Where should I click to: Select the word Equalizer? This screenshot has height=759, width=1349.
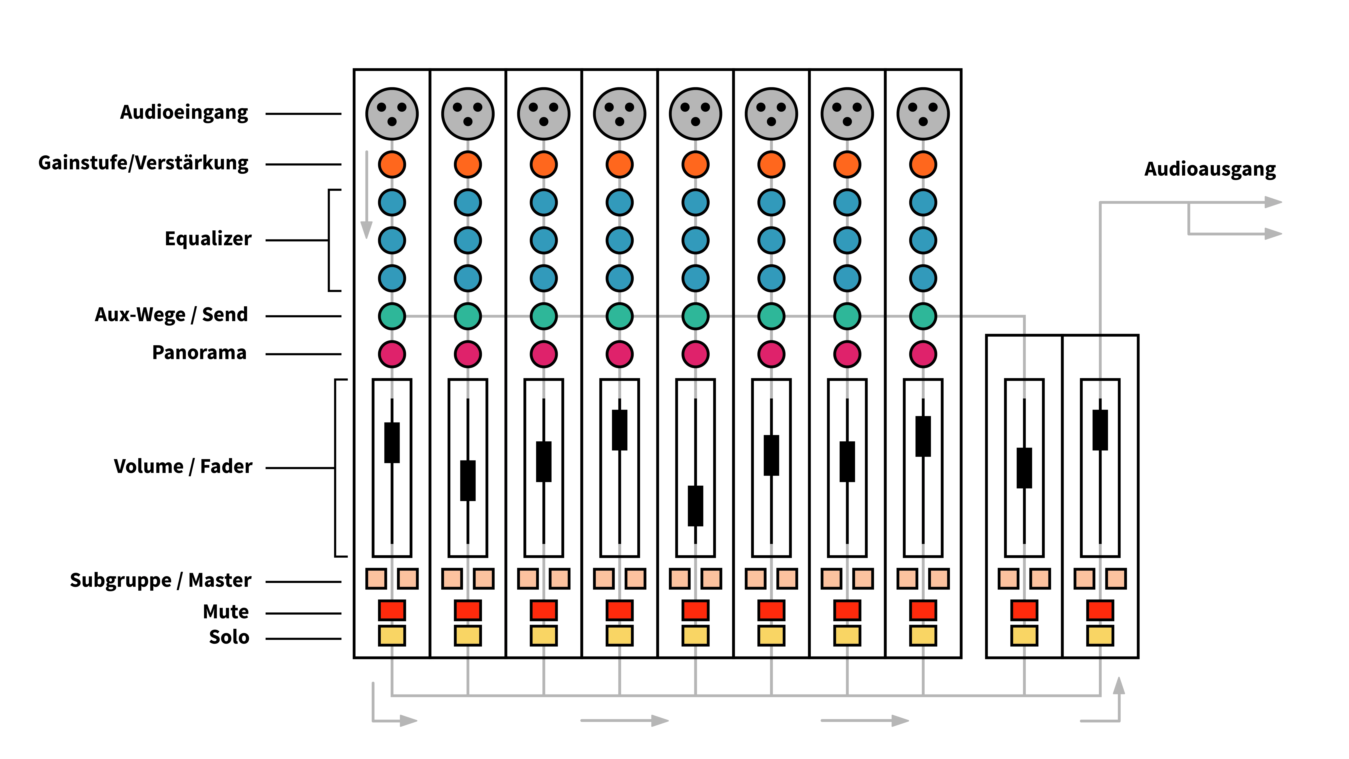tap(208, 239)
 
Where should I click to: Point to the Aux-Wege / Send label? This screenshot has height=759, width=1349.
tap(171, 315)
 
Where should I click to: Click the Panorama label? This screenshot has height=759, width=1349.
tap(199, 353)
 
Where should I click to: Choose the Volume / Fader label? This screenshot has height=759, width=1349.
tap(183, 466)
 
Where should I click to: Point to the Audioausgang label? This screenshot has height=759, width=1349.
tap(1210, 169)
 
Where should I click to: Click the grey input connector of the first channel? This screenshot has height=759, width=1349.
tap(392, 114)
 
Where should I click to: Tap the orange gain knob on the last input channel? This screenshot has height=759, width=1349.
tap(923, 164)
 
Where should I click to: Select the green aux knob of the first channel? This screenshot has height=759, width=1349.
tap(392, 316)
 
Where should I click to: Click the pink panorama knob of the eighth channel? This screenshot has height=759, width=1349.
tap(923, 354)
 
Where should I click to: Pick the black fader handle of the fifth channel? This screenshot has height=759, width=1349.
tap(695, 506)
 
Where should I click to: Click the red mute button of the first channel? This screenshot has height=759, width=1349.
tap(392, 610)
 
